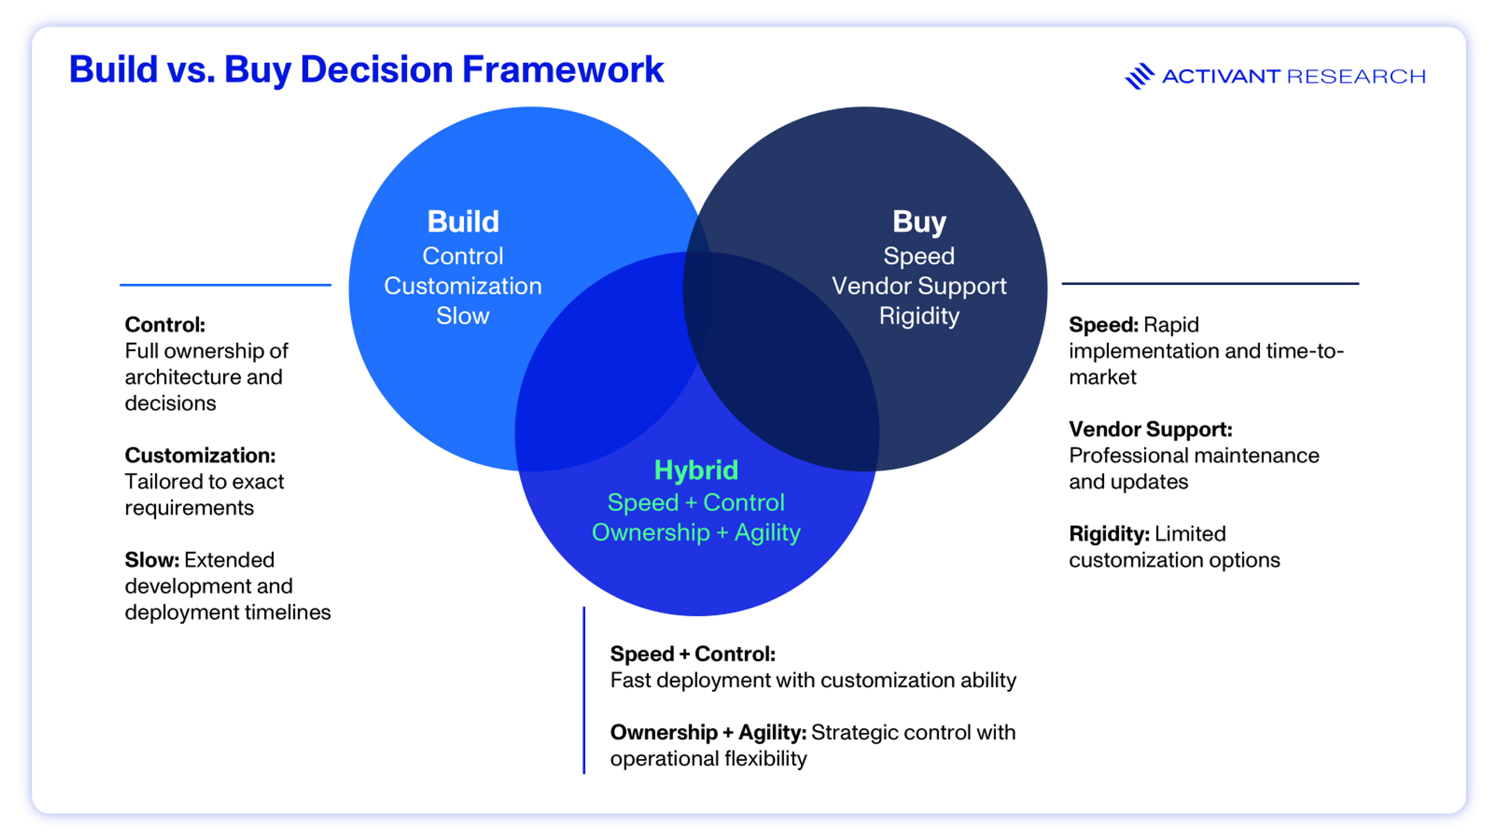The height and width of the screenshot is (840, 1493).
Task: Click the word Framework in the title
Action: (x=562, y=70)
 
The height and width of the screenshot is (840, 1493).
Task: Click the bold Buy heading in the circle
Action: (x=919, y=222)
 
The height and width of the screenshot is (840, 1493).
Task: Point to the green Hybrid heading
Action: (x=696, y=470)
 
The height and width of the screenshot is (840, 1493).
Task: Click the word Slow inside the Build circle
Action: (x=463, y=316)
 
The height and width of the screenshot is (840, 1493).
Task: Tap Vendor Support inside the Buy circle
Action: (x=919, y=286)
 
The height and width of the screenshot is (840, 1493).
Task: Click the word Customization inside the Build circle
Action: (x=463, y=286)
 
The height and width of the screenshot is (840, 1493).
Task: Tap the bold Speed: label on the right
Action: (x=1103, y=325)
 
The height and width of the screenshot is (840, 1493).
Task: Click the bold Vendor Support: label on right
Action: (x=1150, y=430)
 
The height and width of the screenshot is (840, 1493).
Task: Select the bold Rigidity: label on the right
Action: (x=1109, y=534)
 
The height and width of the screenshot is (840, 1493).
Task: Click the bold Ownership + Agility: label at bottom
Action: (x=708, y=733)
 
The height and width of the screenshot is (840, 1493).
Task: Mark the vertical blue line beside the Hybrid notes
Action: (x=584, y=690)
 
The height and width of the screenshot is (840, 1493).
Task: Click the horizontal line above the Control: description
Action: (x=226, y=285)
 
